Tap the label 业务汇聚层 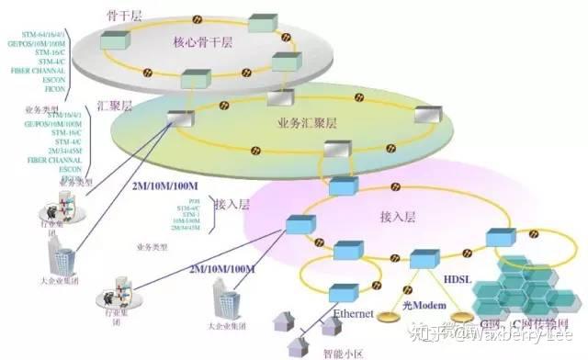308,122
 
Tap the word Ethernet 354,314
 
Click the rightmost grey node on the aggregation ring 425,115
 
